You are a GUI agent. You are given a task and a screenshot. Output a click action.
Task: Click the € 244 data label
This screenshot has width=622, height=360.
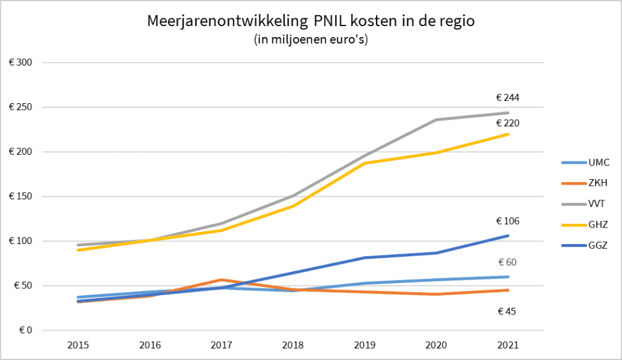[508, 97]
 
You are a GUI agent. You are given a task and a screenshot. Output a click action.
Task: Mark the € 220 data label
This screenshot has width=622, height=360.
[508, 123]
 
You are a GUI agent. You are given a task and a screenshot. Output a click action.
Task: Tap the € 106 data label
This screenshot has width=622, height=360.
[508, 221]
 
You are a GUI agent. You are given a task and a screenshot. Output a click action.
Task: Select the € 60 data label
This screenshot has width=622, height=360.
[508, 262]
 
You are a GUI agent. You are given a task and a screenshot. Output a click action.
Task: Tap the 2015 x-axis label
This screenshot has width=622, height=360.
[78, 345]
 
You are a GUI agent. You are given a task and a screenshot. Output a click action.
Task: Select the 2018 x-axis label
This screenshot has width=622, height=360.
[293, 345]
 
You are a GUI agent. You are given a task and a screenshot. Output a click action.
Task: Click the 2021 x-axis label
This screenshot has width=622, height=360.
[508, 345]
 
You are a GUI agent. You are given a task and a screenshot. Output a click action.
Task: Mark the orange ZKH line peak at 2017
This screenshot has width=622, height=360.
[222, 280]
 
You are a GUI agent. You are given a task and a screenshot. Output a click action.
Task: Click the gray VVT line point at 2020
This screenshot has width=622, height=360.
[436, 120]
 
